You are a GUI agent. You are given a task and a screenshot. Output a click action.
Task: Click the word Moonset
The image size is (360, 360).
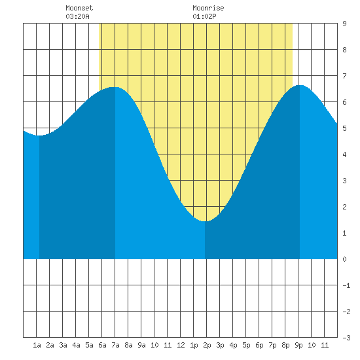pyautogui.click(x=79, y=8)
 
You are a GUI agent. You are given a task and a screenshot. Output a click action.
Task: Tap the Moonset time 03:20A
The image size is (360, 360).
pyautogui.click(x=77, y=16)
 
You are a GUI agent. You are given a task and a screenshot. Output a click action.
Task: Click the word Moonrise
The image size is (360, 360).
pyautogui.click(x=208, y=8)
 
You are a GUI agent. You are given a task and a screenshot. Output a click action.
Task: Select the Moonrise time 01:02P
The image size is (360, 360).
pyautogui.click(x=204, y=16)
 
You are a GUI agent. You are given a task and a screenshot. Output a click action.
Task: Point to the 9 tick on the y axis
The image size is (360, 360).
pyautogui.click(x=344, y=24)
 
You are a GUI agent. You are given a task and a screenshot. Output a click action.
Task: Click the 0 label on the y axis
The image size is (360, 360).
pyautogui.click(x=344, y=259)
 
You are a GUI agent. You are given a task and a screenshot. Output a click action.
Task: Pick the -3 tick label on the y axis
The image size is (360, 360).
pyautogui.click(x=346, y=338)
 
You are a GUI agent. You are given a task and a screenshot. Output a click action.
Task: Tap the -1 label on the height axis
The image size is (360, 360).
pyautogui.click(x=346, y=285)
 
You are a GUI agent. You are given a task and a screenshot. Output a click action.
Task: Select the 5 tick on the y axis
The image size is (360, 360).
pyautogui.click(x=344, y=128)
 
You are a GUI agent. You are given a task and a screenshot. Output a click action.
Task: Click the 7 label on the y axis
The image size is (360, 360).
pyautogui.click(x=344, y=76)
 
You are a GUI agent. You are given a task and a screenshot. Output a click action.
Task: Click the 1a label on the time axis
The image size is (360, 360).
pyautogui.click(x=37, y=345)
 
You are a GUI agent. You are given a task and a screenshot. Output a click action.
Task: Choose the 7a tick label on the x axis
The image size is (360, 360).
pyautogui.click(x=115, y=345)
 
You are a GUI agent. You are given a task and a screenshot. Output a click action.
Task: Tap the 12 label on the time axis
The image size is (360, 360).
pyautogui.click(x=181, y=345)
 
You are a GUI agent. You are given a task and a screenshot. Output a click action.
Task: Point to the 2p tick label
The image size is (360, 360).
pyautogui.click(x=207, y=345)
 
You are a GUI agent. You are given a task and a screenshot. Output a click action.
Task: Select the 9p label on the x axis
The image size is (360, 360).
pyautogui.click(x=298, y=345)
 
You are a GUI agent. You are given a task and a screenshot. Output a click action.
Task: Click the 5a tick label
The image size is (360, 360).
pyautogui.click(x=89, y=345)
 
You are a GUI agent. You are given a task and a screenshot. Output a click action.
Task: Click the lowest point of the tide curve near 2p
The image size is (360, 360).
pyautogui.click(x=205, y=221)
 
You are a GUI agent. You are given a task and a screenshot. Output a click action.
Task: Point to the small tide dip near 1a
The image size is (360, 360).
pyautogui.click(x=39, y=135)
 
